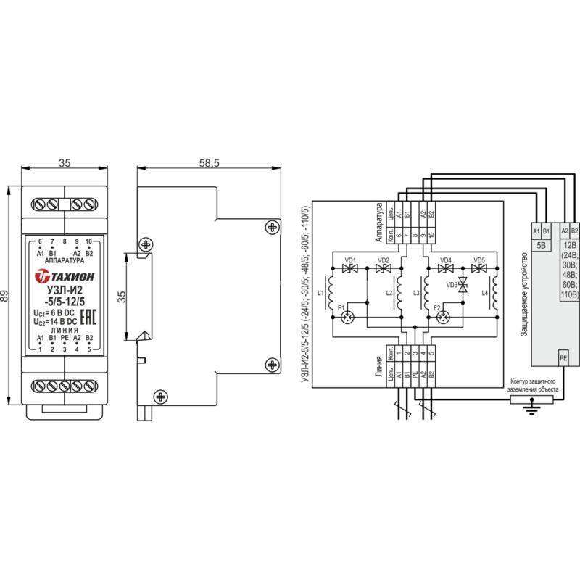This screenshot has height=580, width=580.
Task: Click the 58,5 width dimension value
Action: coord(209,162)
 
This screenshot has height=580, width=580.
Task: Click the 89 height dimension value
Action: coord(4,295)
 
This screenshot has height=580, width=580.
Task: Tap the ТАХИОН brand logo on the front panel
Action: coord(65,276)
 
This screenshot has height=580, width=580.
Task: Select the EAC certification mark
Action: coord(88,317)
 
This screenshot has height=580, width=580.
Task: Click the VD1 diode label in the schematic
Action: coord(350,260)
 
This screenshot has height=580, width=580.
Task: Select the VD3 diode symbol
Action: coord(463,284)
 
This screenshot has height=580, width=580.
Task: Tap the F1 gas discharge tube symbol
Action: coord(347,317)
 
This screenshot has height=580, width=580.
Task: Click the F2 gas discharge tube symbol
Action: coord(443,317)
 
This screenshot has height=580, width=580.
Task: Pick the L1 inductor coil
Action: coord(331,293)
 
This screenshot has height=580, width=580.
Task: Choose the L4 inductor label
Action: coord(484,293)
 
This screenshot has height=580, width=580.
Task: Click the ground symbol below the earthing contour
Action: coord(531,409)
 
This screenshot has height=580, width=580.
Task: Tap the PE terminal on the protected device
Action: coord(563,358)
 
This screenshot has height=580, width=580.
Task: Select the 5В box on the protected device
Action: coord(541,245)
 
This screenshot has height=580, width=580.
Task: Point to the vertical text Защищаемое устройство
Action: coord(523,294)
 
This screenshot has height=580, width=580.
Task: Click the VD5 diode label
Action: coord(479,260)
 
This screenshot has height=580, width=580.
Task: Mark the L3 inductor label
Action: coord(416,293)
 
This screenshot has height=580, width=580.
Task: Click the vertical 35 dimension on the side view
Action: coord(121,297)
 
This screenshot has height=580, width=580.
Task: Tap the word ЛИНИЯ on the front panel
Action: coord(65,330)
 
